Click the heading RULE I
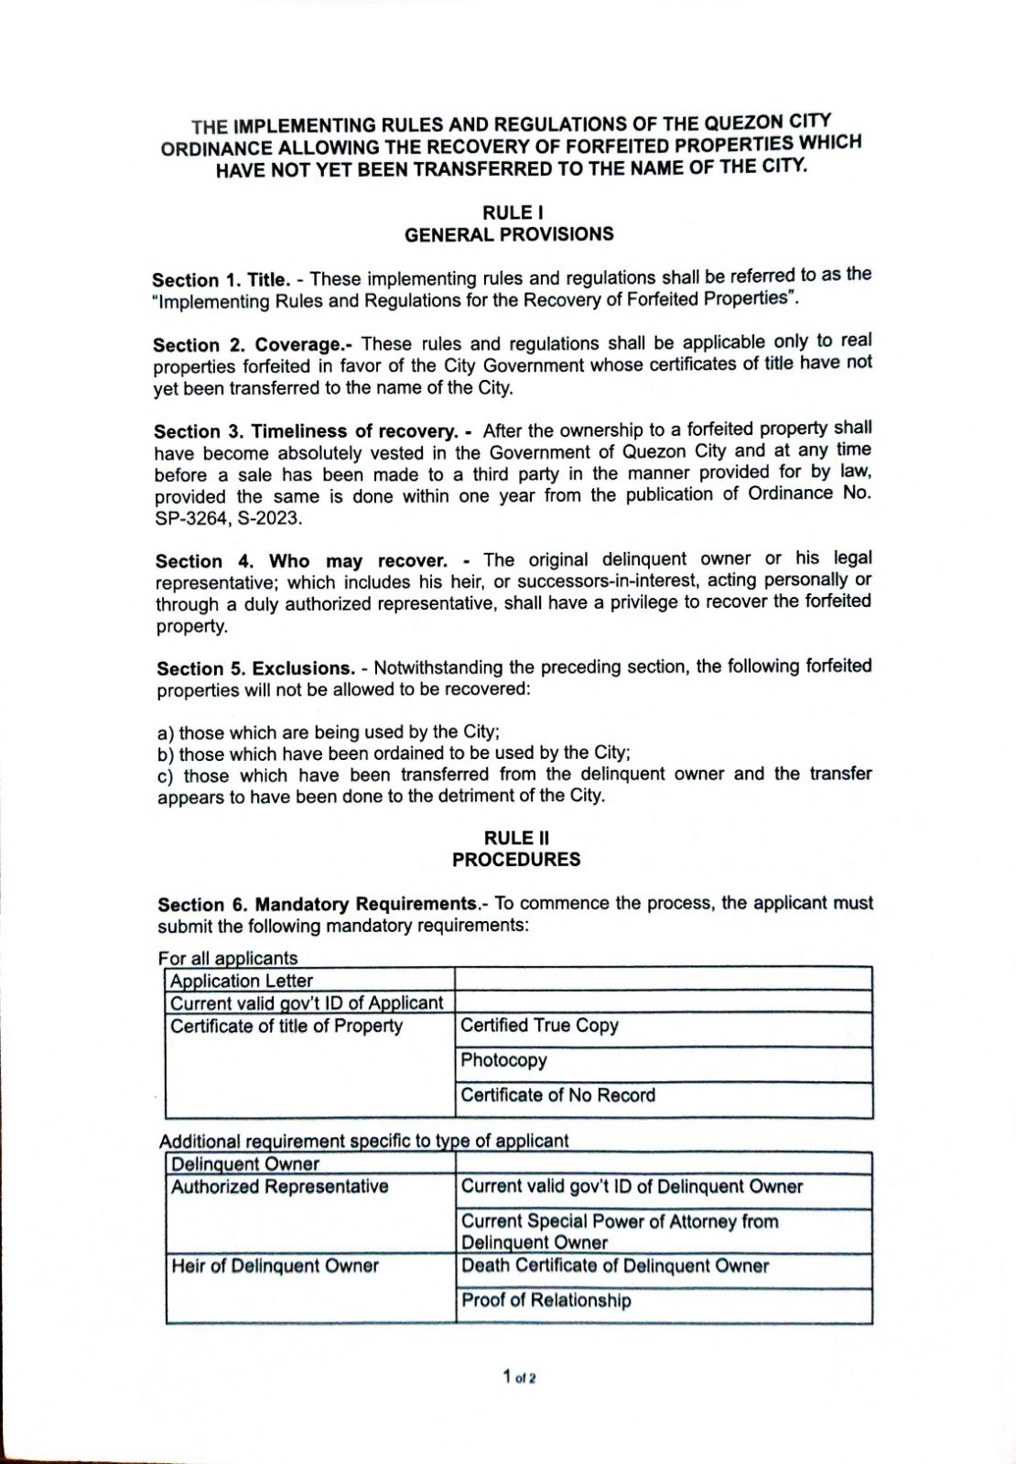508,212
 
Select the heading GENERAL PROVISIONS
509,234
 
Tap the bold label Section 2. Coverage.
253,344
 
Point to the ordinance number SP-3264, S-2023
228,518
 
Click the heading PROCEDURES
516,860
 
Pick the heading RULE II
516,838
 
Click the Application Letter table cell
242,981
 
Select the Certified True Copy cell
539,1025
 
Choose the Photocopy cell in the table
503,1060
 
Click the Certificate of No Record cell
557,1095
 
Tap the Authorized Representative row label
279,1187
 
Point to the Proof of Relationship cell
546,1300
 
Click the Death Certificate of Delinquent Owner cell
614,1266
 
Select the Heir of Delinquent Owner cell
275,1266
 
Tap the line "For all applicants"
228,958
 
